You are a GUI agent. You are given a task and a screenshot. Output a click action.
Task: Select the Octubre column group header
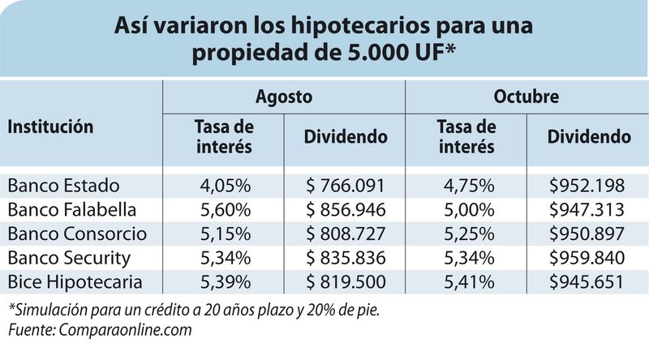(x=526, y=96)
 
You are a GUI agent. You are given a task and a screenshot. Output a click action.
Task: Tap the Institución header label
(x=50, y=126)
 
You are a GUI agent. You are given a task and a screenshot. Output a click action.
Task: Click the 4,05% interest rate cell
(x=225, y=184)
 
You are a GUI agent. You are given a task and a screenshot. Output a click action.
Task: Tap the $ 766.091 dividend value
(x=344, y=184)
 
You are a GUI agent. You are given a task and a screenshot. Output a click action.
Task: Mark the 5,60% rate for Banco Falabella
(x=225, y=209)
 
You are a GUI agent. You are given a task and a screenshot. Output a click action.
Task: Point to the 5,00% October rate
(x=466, y=209)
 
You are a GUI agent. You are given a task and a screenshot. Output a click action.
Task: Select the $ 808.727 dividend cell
(x=344, y=234)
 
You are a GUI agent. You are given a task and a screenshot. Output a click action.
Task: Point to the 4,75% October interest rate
(x=466, y=184)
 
